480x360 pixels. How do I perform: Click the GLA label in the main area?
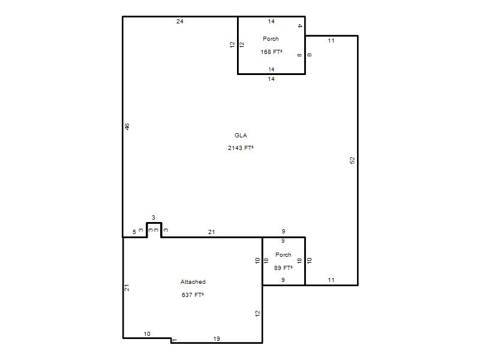241,136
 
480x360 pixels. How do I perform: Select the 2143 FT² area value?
241,148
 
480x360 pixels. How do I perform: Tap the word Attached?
193,281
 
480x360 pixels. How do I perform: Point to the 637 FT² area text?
193,295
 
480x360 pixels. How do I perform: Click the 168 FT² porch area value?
272,52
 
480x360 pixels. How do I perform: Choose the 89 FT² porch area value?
283,268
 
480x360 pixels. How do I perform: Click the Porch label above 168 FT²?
271,39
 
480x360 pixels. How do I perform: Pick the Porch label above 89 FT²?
283,254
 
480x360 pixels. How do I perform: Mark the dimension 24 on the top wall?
179,22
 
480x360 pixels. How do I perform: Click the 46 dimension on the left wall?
127,127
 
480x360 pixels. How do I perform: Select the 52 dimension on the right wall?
352,160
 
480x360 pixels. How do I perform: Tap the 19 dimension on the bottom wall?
217,338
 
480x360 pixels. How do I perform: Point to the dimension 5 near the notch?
134,232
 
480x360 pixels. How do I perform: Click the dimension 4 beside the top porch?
299,26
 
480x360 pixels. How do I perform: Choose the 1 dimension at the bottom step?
175,340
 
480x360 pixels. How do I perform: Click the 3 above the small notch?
154,218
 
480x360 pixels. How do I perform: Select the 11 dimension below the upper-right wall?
331,41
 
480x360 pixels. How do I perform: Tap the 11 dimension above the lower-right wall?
331,280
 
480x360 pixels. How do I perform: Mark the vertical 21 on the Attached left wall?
127,288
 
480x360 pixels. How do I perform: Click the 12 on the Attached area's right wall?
257,313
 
